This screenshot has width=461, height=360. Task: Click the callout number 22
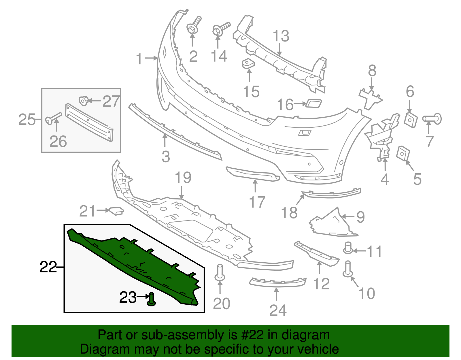tap(48, 267)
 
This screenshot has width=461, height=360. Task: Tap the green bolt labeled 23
tap(152, 299)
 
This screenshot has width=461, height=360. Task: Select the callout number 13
tap(281, 36)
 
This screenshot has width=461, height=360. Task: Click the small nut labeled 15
tap(248, 64)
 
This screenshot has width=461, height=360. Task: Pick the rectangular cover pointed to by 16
tap(313, 103)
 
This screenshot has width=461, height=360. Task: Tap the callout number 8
tap(372, 71)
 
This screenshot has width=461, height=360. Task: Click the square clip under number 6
tap(411, 119)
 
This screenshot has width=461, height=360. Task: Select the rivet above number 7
tap(432, 119)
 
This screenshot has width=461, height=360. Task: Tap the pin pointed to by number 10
tap(348, 269)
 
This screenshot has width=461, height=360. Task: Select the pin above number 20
tap(220, 272)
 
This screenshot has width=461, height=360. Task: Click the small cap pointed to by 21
tap(116, 211)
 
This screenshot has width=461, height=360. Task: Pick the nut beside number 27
tap(83, 101)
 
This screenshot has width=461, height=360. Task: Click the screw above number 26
tap(54, 117)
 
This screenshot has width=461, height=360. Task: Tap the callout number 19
tap(183, 178)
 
